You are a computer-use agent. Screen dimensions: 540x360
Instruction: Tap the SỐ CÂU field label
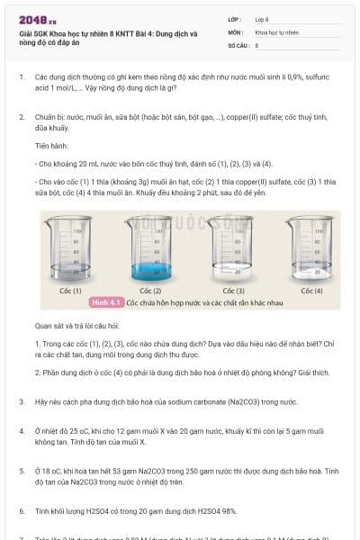pyautogui.click(x=238, y=44)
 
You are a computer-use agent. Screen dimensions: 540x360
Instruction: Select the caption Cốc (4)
pyautogui.click(x=311, y=291)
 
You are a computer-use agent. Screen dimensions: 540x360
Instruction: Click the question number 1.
pyautogui.click(x=21, y=77)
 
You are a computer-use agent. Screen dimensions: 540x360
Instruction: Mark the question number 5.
pyautogui.click(x=21, y=471)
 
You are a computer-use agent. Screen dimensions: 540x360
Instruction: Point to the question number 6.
pyautogui.click(x=21, y=511)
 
